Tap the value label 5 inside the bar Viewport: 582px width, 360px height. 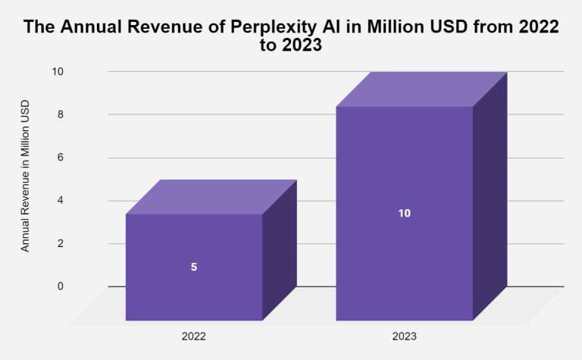194,267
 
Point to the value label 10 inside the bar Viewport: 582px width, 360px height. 404,213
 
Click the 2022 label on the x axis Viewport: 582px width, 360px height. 193,335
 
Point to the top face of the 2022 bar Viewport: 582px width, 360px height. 211,197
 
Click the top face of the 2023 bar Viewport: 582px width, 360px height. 421,89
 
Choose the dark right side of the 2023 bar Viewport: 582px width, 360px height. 490,197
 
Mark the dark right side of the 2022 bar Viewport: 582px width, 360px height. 279,250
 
